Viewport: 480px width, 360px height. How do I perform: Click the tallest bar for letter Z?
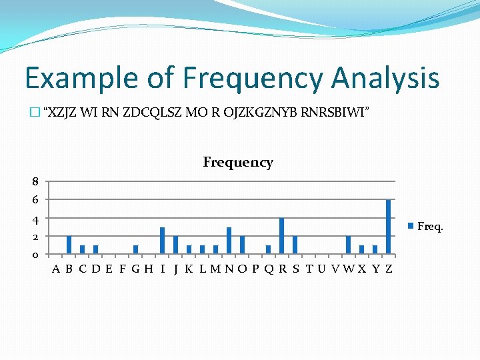coord(388,227)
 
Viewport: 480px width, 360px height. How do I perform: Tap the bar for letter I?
coord(162,241)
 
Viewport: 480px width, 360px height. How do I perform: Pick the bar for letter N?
coord(229,241)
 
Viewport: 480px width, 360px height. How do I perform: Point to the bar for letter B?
coord(69,245)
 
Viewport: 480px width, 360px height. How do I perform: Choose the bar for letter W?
coord(348,245)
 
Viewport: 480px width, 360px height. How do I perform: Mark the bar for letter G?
coord(135,249)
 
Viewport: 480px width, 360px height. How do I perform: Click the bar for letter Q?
coord(268,249)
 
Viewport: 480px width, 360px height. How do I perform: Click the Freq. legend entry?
coord(426,226)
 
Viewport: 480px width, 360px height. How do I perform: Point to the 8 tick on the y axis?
coord(35,181)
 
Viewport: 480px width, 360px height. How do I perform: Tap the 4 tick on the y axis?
coord(35,219)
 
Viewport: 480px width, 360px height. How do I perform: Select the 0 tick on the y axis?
coord(35,255)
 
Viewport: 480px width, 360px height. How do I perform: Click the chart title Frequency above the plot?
coord(238,162)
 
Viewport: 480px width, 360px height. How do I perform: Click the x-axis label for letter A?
coord(56,269)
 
